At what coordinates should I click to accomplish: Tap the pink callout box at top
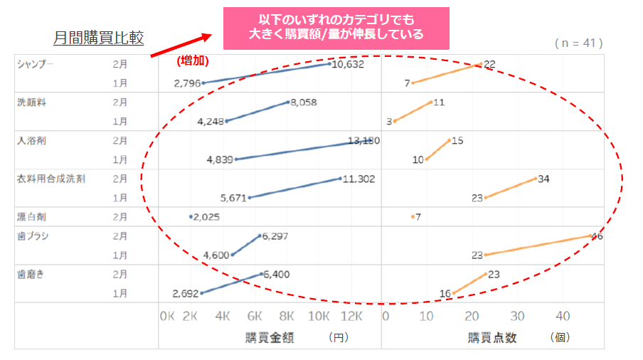[x=336, y=28]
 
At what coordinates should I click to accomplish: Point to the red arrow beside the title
[x=181, y=45]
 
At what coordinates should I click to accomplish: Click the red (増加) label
[x=193, y=61]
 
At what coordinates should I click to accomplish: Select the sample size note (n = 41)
[x=578, y=43]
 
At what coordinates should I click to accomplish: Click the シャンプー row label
[x=36, y=64]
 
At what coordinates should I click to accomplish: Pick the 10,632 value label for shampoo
[x=349, y=64]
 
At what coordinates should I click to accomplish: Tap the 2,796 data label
[x=186, y=83]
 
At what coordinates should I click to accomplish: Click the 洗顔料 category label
[x=31, y=102]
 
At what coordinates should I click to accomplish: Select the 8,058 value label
[x=304, y=102]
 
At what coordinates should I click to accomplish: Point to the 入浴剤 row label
[x=31, y=141]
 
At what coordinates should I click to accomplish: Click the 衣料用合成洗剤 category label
[x=51, y=179]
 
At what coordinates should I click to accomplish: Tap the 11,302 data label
[x=358, y=179]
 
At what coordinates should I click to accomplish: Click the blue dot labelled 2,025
[x=191, y=216]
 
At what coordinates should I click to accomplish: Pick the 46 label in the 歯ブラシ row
[x=597, y=236]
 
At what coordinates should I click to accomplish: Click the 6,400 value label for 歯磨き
[x=276, y=274]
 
